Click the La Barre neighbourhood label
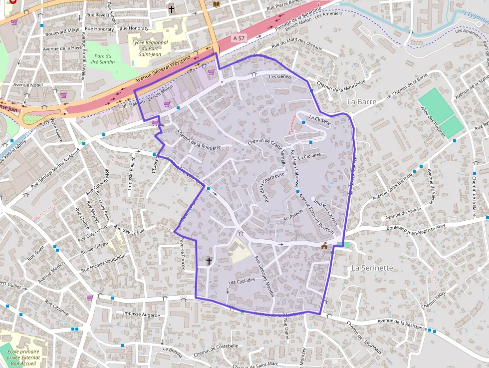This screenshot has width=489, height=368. (x=361, y=101)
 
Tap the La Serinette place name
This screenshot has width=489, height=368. (x=372, y=268)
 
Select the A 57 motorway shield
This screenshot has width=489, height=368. (x=239, y=38)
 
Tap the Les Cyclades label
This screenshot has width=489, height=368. (x=241, y=281)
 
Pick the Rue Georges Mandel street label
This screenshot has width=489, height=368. (x=264, y=277)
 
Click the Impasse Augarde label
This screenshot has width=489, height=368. (x=141, y=315)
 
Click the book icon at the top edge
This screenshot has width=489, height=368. (x=216, y=4)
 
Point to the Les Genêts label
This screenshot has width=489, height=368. (x=280, y=77)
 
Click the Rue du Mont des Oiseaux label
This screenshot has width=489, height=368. (x=297, y=45)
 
